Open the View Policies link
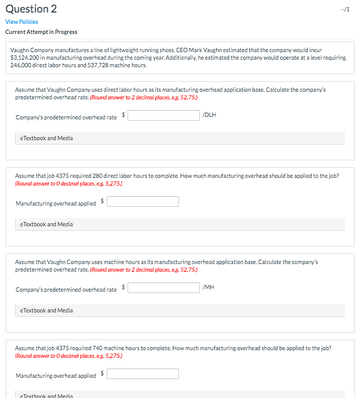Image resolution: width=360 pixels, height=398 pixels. (21, 21)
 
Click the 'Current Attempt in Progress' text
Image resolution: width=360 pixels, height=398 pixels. (41, 32)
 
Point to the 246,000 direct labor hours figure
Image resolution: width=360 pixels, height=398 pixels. (21, 65)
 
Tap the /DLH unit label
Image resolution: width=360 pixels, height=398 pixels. (210, 115)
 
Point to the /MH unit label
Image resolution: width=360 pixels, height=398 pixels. (209, 287)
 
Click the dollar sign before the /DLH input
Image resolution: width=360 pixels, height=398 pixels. (124, 114)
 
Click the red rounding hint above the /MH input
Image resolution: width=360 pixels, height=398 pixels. (144, 269)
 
